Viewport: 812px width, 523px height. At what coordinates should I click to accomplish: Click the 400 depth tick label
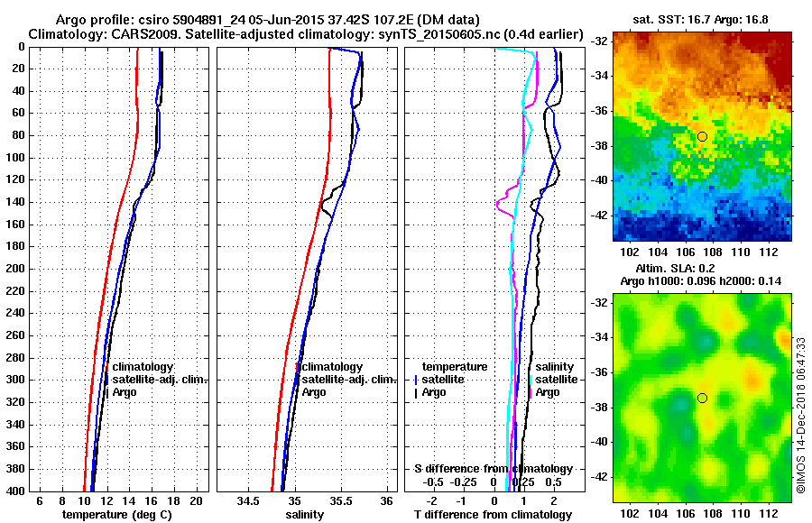pos(14,491)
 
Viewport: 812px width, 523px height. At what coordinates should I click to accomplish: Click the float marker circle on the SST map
pos(702,136)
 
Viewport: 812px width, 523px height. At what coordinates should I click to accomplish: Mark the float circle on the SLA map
pos(702,398)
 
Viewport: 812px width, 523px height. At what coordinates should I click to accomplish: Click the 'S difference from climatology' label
pos(493,469)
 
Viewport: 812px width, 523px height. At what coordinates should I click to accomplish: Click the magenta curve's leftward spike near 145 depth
pos(498,206)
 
